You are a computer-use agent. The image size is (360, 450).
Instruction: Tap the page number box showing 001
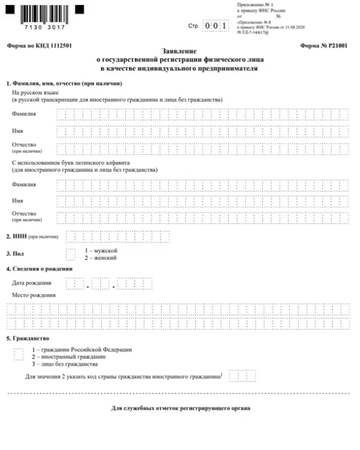(216, 26)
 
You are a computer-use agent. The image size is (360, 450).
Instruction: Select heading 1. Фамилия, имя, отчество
(63, 83)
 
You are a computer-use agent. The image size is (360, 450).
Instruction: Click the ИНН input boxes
(100, 237)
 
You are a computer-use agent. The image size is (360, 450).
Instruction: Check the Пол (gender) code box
(71, 253)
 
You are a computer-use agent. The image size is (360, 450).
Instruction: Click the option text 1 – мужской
(100, 250)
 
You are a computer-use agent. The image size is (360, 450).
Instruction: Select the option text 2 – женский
(100, 257)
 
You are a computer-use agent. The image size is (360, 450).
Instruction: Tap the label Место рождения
(33, 295)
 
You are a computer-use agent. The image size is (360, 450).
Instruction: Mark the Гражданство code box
(18, 354)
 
